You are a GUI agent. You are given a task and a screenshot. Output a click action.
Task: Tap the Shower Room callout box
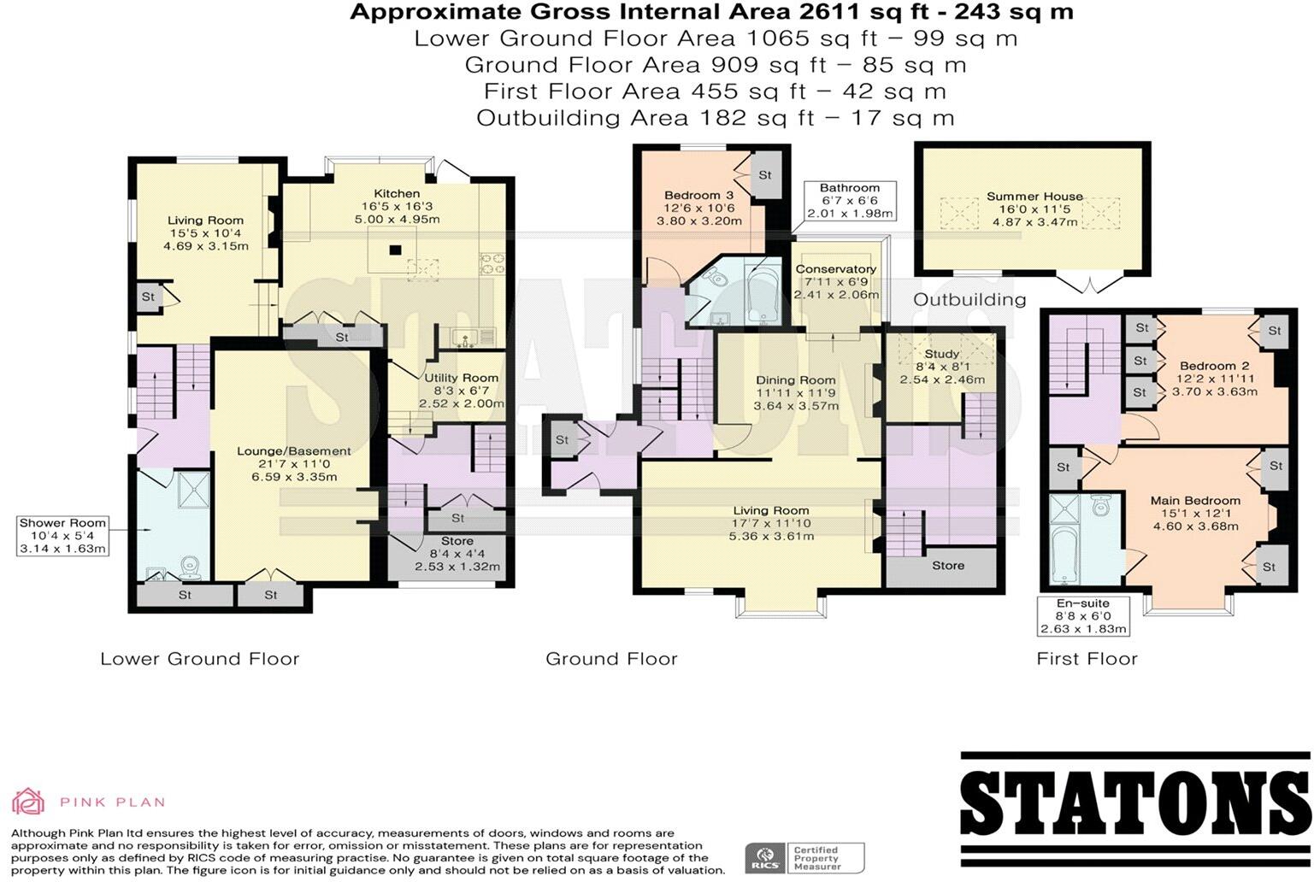(63, 535)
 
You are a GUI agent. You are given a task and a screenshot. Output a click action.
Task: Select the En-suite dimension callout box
(1083, 615)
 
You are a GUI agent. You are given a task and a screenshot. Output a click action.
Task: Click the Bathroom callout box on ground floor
(849, 201)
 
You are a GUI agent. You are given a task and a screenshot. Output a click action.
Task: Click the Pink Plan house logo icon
(27, 801)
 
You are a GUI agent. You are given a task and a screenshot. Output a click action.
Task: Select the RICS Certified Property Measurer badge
(804, 857)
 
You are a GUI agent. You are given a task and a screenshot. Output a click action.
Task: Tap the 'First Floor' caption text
(1086, 658)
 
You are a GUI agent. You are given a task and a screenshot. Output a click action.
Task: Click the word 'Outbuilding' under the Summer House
(969, 299)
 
